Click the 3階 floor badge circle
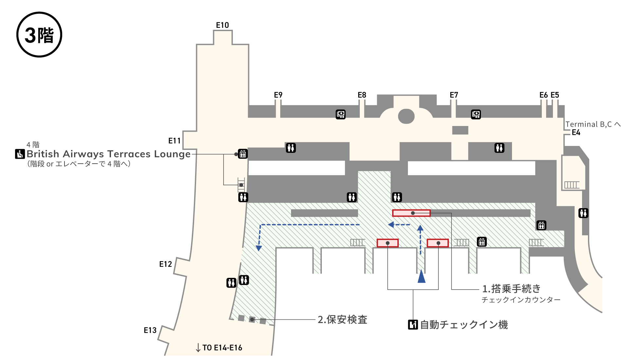pyautogui.click(x=39, y=35)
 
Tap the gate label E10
pyautogui.click(x=222, y=25)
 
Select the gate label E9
pyautogui.click(x=278, y=95)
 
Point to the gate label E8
pyautogui.click(x=362, y=95)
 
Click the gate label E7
pyautogui.click(x=454, y=95)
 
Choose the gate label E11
pyautogui.click(x=174, y=141)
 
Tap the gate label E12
pyautogui.click(x=165, y=264)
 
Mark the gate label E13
pyautogui.click(x=150, y=330)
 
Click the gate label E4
pyautogui.click(x=576, y=133)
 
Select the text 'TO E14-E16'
pyautogui.click(x=222, y=348)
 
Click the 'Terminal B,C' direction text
pyautogui.click(x=589, y=124)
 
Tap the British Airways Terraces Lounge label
pyautogui.click(x=108, y=154)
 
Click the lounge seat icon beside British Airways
pyautogui.click(x=20, y=154)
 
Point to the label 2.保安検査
pyautogui.click(x=342, y=319)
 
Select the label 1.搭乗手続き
pyautogui.click(x=511, y=289)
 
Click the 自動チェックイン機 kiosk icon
pyautogui.click(x=413, y=325)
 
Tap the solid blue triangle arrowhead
pyautogui.click(x=421, y=277)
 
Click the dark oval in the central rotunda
pyautogui.click(x=406, y=116)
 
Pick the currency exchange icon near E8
pyautogui.click(x=340, y=114)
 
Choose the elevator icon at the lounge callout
pyautogui.click(x=243, y=153)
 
